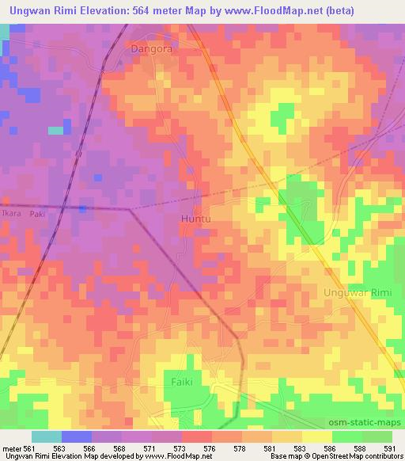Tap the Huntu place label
coord(197,217)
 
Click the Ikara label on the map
coord(11,214)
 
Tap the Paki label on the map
coord(37,214)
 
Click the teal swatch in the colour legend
coord(47,436)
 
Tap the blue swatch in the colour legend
coord(77,436)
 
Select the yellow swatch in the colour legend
coord(316,436)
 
